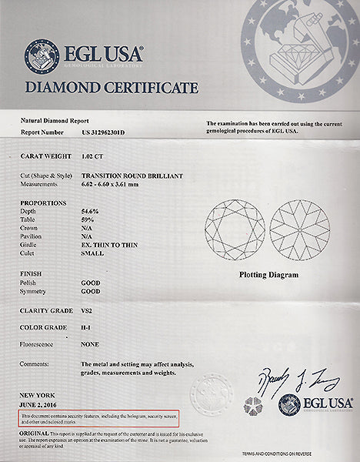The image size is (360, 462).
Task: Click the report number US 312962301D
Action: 105,132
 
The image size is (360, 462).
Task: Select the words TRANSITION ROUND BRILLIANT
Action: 132,176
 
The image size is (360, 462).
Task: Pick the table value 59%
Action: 89,219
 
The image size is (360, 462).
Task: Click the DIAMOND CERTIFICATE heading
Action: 112,87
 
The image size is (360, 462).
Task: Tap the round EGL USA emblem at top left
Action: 41,55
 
